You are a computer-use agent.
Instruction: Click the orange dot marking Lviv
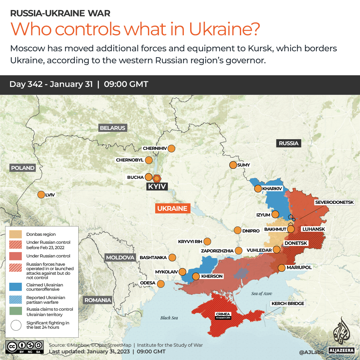pos(41,195)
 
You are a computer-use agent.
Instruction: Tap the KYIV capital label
pos(157,186)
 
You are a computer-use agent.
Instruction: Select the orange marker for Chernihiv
pos(172,149)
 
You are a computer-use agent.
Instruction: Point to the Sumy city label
pos(243,165)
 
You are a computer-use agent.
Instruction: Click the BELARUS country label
pos(113,128)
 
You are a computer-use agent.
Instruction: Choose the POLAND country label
pos(23,168)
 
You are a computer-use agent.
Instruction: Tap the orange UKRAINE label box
pos(172,208)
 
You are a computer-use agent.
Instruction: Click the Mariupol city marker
pos(281,268)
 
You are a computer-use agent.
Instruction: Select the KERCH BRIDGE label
pos(288,303)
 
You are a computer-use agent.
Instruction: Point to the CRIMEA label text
pos(223,314)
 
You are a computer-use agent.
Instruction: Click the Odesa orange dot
pos(161,284)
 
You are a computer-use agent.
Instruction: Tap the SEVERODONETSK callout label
pos(337,202)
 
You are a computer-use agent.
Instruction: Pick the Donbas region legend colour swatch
pos(15,234)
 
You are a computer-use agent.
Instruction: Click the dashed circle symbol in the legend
pos(15,325)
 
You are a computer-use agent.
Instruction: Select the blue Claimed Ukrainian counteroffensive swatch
pos(15,287)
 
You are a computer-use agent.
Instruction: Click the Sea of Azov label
pos(261,293)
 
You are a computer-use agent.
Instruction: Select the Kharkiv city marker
pos(258,189)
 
